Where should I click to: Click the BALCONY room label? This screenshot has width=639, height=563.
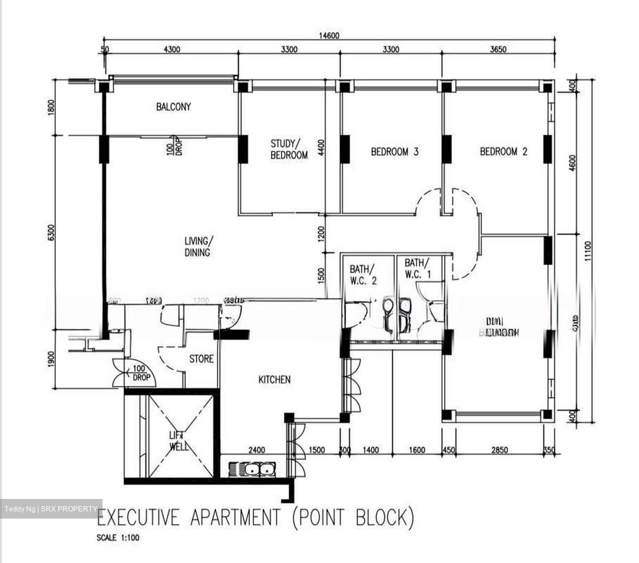pyautogui.click(x=173, y=107)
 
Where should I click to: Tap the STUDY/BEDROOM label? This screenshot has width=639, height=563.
pyautogui.click(x=289, y=149)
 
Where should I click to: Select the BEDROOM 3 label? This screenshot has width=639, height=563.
pyautogui.click(x=394, y=152)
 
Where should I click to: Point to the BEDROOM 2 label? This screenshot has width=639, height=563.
pyautogui.click(x=504, y=152)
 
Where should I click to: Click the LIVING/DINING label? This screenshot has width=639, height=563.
pyautogui.click(x=198, y=247)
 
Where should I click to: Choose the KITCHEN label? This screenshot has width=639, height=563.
pyautogui.click(x=274, y=379)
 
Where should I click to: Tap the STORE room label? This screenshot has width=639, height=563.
pyautogui.click(x=201, y=359)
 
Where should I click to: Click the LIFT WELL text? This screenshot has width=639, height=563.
pyautogui.click(x=179, y=441)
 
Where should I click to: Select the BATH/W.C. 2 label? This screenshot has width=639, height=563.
pyautogui.click(x=363, y=275)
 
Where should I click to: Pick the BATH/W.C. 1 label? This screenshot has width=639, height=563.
pyautogui.click(x=418, y=269)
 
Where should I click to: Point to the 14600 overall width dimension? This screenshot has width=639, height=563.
pyautogui.click(x=329, y=36)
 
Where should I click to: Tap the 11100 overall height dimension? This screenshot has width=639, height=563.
pyautogui.click(x=588, y=252)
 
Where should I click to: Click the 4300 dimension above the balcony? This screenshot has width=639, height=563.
pyautogui.click(x=172, y=49)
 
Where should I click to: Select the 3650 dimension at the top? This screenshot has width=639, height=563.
pyautogui.click(x=498, y=49)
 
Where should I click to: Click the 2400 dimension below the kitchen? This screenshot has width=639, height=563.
pyautogui.click(x=256, y=450)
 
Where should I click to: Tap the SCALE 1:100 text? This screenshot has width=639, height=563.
pyautogui.click(x=118, y=538)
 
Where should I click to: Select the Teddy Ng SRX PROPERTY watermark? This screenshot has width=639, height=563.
pyautogui.click(x=51, y=509)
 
